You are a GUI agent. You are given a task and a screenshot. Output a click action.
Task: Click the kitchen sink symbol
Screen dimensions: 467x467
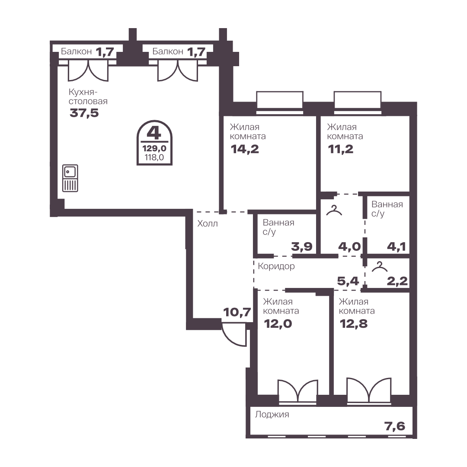(70, 178)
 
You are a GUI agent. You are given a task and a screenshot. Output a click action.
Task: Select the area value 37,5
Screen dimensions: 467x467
(84, 113)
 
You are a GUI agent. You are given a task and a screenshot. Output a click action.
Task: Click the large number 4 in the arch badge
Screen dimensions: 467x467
(154, 133)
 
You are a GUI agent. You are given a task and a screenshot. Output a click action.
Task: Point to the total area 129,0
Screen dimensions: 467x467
(154, 148)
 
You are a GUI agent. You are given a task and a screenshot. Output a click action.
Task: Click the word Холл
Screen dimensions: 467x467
(208, 224)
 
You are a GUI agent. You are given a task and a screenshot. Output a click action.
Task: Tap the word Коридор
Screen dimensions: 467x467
(276, 266)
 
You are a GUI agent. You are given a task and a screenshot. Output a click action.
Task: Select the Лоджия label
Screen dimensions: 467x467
(272, 414)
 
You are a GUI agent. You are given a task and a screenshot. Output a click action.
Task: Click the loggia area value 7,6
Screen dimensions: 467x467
(395, 426)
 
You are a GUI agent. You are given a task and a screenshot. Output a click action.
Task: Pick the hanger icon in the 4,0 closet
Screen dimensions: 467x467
(334, 210)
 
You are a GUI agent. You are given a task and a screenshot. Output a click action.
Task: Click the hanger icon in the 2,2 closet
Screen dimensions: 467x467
(380, 266)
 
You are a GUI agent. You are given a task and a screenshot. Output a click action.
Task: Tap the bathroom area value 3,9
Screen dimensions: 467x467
(302, 246)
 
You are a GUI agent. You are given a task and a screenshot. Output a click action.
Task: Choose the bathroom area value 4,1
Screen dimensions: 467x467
(397, 246)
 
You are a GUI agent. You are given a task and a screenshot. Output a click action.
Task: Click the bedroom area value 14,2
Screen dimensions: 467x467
(245, 149)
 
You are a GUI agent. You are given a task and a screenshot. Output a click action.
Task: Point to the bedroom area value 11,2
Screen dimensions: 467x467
(341, 149)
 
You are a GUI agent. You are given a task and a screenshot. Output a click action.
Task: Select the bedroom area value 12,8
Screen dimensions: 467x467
(354, 323)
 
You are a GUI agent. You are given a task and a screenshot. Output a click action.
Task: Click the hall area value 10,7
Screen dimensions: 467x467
(237, 313)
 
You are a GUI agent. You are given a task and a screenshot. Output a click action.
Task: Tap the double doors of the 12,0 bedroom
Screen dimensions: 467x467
(298, 392)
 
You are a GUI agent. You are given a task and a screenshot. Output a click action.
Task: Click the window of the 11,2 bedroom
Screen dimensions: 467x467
(358, 103)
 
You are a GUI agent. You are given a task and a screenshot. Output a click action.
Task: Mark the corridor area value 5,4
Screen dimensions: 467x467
(348, 281)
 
